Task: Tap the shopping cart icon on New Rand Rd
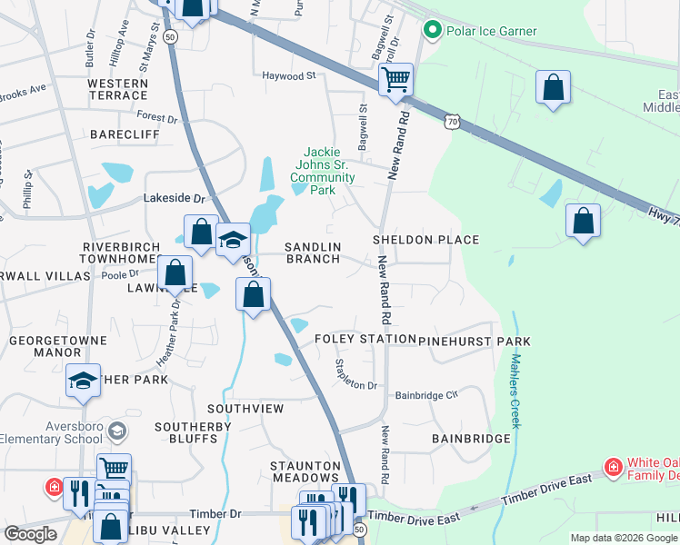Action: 396,79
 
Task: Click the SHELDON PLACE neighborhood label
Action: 425,240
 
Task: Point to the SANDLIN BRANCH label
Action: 313,253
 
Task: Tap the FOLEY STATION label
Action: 365,340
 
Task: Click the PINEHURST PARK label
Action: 475,341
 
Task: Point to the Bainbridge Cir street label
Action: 426,396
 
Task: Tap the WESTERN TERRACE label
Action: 117,89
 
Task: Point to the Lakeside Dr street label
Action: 175,198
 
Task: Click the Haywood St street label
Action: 288,76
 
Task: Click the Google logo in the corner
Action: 30,534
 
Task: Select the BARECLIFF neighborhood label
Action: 118,134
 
